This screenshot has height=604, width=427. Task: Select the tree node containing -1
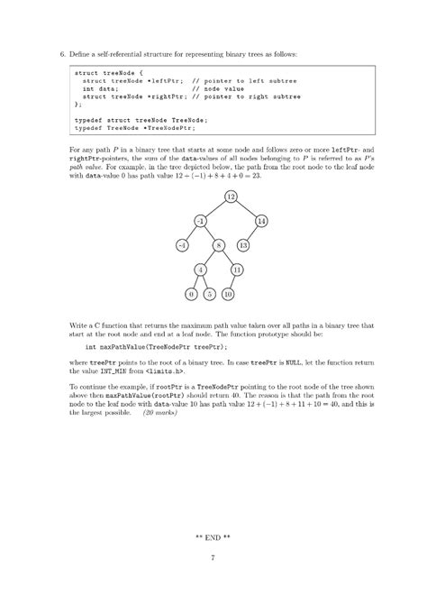[x=201, y=221]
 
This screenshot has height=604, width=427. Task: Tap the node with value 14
[x=260, y=221]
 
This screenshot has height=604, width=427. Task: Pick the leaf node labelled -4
[x=182, y=245]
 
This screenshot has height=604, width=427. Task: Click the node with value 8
[x=219, y=245]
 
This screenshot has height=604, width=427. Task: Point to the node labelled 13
[x=243, y=245]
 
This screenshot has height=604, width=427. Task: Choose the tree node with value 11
[x=237, y=270]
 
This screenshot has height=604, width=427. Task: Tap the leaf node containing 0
[x=191, y=294]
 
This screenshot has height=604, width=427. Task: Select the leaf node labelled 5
[x=209, y=294]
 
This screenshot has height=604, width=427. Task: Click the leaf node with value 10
[x=228, y=294]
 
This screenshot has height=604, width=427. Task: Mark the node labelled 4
[x=201, y=270]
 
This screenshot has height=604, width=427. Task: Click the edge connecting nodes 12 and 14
[x=246, y=208]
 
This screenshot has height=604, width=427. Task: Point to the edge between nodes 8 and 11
[x=228, y=258]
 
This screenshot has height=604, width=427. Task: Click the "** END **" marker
[x=213, y=537]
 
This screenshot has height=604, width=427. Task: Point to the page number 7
[x=213, y=558]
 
